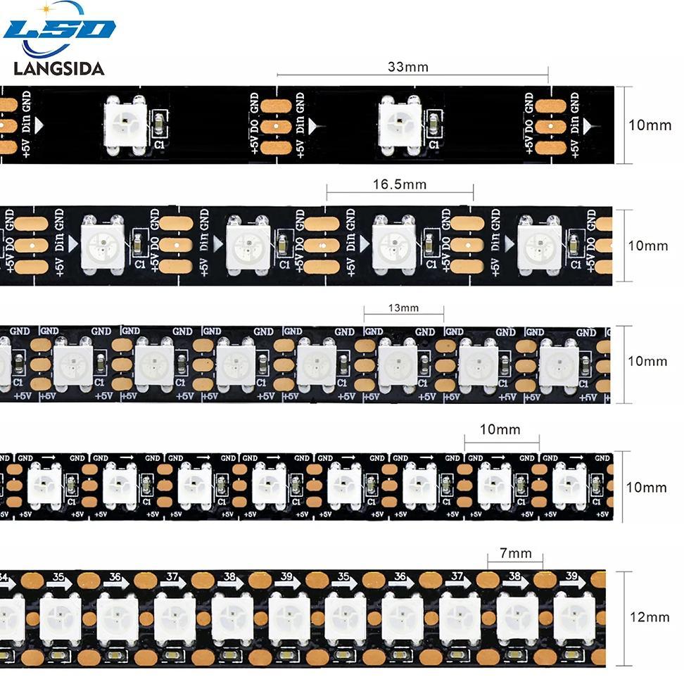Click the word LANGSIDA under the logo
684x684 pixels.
point(59,68)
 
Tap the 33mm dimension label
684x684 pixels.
point(407,67)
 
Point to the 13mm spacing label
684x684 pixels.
point(403,308)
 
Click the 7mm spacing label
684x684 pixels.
point(516,553)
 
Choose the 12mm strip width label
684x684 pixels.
point(649,617)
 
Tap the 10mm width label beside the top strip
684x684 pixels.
point(649,125)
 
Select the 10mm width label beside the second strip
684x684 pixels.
point(648,246)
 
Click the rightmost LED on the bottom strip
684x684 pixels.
point(574,619)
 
